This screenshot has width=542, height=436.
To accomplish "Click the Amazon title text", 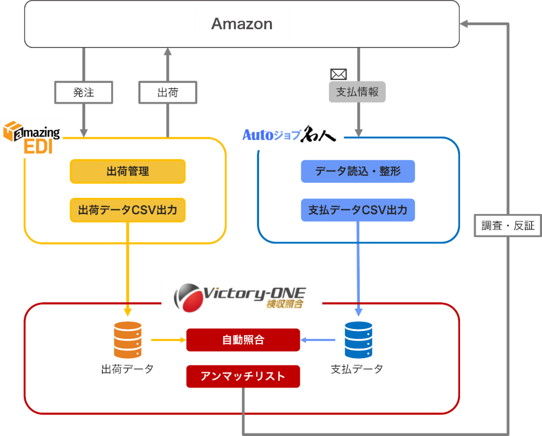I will pos(241,24).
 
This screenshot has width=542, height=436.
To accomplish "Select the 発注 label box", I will pos(84,92).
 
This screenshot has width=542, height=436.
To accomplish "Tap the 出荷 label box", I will pos(168,92).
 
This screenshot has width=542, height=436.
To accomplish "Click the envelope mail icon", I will pos(338,74).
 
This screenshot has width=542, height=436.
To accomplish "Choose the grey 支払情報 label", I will pos(357,92).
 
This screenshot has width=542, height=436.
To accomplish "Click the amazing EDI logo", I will pos(32,138).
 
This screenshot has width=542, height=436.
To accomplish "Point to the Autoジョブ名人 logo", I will pos(289,135).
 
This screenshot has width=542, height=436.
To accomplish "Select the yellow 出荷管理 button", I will pos(127,171).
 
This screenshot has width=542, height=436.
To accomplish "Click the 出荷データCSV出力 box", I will pos(127,210).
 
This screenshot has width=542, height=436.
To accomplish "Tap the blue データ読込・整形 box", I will pos(358,171).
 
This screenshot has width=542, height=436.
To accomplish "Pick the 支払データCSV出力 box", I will pos(358,210).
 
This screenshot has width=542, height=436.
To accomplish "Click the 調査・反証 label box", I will pos(508,226).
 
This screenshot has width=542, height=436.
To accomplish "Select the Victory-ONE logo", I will pos(240,296).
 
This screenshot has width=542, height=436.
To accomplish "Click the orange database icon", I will pos(127,340).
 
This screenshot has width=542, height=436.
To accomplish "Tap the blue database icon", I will pos(358,340).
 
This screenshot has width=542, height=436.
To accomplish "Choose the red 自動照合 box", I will pos(243,340).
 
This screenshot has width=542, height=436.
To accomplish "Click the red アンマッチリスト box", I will pos(243,376).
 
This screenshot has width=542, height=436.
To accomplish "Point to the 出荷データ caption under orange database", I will pos(127,369).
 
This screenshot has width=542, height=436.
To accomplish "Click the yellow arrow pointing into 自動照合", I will pos(168,340).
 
